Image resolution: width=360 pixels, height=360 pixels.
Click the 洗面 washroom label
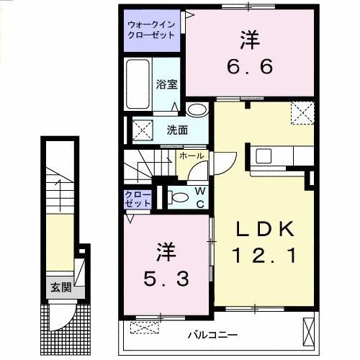tap(177, 130)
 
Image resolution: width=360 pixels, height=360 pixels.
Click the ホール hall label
tap(192, 156)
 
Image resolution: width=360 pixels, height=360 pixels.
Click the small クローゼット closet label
tap(138, 198)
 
